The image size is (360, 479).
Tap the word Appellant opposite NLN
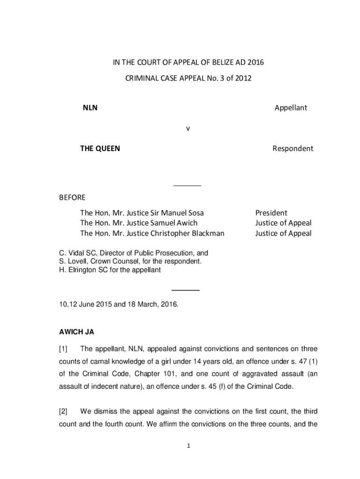click(x=290, y=108)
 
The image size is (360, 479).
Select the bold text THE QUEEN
click(x=100, y=149)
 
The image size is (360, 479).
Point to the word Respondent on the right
click(x=293, y=149)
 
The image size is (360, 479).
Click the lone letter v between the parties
click(x=187, y=128)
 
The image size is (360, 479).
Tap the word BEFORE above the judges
click(x=72, y=197)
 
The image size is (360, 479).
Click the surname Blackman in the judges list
click(x=206, y=233)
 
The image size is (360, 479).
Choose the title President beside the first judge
click(x=271, y=213)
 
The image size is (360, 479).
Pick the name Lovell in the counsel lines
click(x=77, y=261)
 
